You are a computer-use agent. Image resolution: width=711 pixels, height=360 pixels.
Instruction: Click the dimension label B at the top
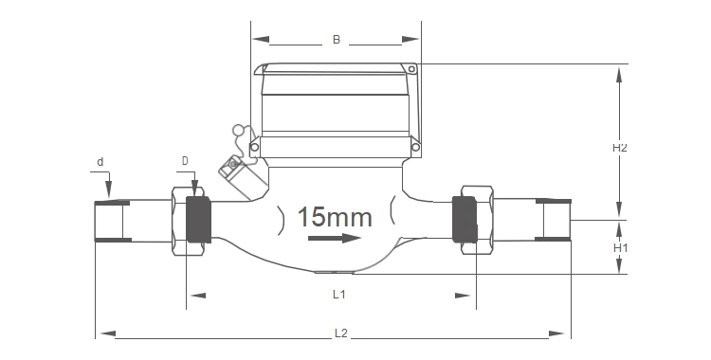336,40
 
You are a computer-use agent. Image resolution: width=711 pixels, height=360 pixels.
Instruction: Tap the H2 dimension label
619,148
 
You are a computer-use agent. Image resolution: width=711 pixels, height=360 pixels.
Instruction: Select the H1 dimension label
620,248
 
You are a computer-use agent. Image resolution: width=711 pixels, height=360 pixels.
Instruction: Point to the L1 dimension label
339,295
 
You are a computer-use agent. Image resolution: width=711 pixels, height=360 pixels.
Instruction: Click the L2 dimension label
340,333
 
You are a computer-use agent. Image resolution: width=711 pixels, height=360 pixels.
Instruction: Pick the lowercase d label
100,162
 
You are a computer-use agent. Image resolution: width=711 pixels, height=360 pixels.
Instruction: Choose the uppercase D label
185,161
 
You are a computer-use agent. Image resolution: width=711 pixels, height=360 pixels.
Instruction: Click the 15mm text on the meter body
335,217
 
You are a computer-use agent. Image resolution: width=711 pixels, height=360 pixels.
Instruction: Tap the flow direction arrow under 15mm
335,238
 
